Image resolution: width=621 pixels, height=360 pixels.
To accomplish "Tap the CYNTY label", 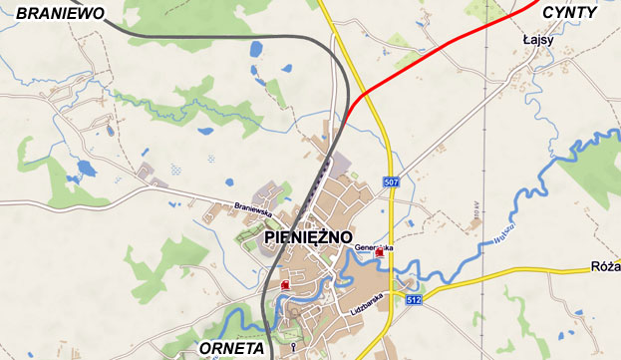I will pos(569,12).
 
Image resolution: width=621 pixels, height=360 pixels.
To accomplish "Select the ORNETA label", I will pos(231,348).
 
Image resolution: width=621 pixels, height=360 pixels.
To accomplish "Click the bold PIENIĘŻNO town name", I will pos(310,238).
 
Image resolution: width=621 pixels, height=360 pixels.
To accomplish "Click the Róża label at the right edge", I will pos(605,266).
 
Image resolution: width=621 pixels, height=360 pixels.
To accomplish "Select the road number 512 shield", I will pos(415,297).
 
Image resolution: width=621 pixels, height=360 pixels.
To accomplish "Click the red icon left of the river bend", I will pos(286,285).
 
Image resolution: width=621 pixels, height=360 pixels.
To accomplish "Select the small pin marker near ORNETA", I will pos(293,346).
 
